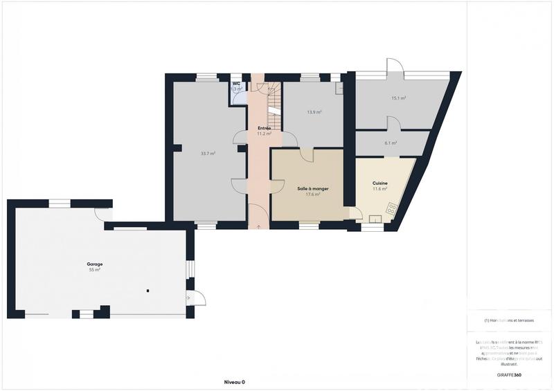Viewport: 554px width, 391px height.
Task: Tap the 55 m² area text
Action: [94, 270]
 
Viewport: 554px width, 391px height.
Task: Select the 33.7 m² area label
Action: [208, 153]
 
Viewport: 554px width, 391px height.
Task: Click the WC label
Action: [236, 84]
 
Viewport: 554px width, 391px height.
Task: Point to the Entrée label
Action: [264, 128]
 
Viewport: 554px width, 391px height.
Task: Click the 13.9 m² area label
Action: [314, 112]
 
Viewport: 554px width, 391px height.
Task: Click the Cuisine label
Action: [379, 183]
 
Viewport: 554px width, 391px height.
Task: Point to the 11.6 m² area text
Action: [379, 189]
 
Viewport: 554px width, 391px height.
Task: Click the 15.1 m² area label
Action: [398, 98]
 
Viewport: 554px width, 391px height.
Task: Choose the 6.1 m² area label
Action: [391, 143]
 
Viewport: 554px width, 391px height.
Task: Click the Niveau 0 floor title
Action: [234, 382]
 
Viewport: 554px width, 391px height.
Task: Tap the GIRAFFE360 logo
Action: [508, 374]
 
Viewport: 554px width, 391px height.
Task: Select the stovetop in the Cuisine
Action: [391, 208]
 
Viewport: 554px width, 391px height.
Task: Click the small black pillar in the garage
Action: [148, 291]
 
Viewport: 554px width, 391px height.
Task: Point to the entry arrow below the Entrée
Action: [259, 227]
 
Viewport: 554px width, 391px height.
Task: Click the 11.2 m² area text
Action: [264, 134]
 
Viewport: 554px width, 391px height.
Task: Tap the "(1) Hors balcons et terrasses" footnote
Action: [509, 320]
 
